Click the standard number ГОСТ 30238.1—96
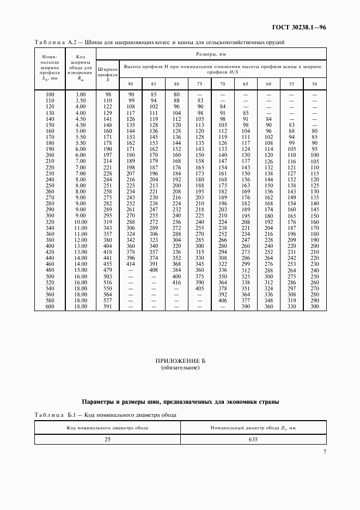click(299, 27)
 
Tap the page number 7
click(325, 451)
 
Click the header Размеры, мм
click(211, 55)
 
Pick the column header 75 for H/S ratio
click(199, 83)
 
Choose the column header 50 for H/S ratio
click(314, 83)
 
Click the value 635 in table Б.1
click(252, 439)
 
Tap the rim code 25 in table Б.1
click(107, 439)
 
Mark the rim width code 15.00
click(80, 270)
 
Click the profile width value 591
click(107, 307)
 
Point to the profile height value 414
click(131, 264)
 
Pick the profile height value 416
click(176, 283)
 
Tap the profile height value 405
click(199, 289)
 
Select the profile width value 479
click(107, 270)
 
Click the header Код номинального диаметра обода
click(107, 427)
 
